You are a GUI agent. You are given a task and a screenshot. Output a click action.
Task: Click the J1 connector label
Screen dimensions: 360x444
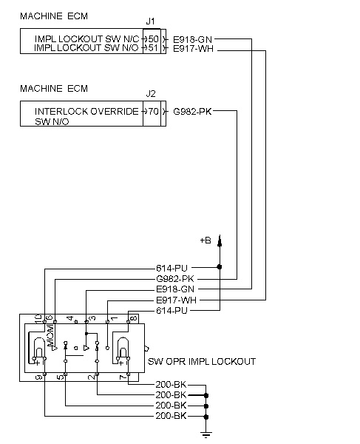[150, 21]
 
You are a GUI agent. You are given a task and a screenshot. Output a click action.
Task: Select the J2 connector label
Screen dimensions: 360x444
[151, 94]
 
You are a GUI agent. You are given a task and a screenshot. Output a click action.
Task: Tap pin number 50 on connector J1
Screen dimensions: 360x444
[153, 38]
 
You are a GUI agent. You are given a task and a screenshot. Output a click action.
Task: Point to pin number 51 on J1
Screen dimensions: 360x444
[153, 47]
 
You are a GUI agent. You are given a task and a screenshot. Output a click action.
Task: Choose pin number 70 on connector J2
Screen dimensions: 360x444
[153, 111]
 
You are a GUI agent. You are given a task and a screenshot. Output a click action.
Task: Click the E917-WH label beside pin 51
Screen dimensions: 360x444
[193, 49]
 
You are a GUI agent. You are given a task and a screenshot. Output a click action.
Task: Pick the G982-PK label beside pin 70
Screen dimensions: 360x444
[192, 112]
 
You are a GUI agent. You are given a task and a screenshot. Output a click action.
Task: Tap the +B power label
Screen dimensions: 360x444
[206, 240]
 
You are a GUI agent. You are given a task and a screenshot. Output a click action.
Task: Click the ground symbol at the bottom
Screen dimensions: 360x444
[206, 434]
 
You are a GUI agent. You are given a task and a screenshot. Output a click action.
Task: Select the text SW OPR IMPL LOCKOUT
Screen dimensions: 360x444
[202, 362]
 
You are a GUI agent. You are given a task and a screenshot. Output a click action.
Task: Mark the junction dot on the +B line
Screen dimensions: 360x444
[220, 266]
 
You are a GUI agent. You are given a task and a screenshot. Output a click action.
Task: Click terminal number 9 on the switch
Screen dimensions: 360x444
[38, 377]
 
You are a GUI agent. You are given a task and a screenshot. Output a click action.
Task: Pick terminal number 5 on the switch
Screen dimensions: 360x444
[60, 377]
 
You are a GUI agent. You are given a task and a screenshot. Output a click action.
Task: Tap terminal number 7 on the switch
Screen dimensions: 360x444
[123, 377]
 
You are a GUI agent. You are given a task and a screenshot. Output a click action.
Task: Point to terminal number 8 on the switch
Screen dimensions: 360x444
[134, 318]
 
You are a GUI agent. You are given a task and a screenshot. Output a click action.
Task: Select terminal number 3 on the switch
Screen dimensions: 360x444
[92, 318]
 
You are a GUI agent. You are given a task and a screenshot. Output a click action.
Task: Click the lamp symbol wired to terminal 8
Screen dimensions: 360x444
[123, 349]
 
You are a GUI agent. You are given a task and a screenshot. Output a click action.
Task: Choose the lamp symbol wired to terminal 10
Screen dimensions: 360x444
[39, 349]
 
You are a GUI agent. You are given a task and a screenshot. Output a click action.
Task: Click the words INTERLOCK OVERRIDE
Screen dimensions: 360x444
[86, 111]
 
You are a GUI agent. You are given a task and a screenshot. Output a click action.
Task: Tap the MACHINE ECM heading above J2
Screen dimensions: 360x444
[54, 88]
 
